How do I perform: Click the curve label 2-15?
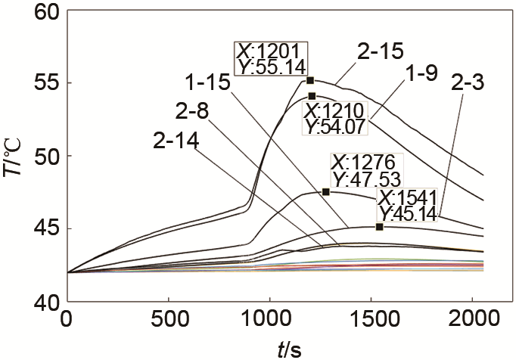(x=381, y=53)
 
